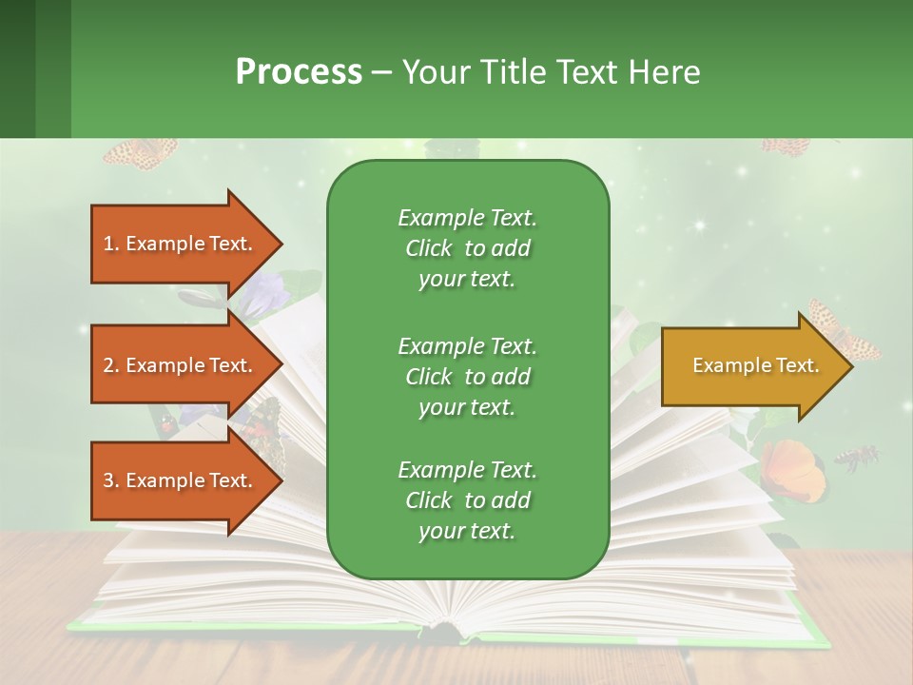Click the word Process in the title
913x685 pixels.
coord(299,72)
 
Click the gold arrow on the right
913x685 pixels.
coord(751,366)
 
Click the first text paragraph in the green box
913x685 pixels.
coord(467,248)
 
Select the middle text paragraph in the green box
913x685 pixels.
coord(467,376)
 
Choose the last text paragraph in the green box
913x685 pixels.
coord(467,500)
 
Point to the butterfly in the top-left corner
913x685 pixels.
coord(140,153)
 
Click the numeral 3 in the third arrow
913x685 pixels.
coord(108,480)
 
